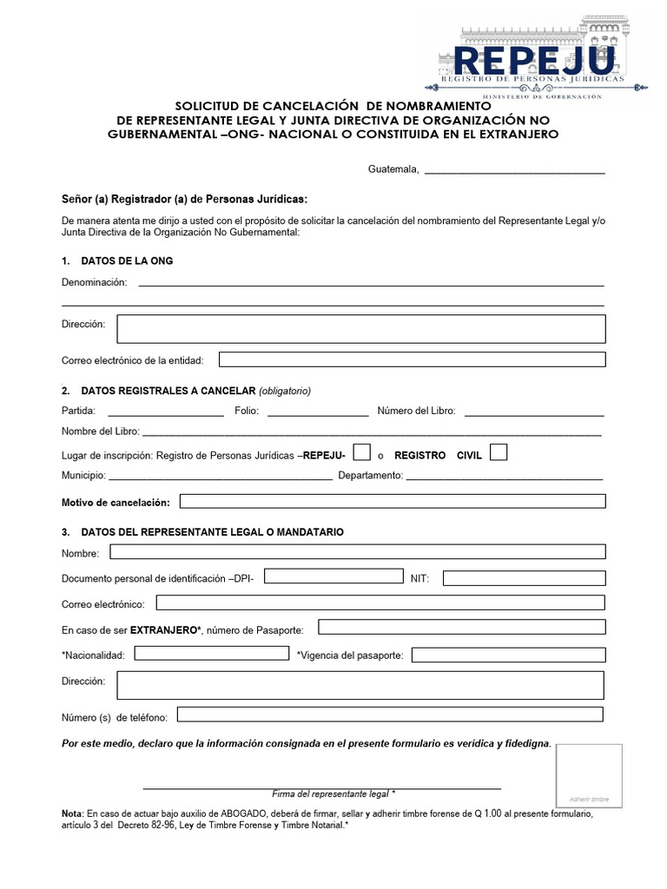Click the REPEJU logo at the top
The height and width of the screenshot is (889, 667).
[537, 62]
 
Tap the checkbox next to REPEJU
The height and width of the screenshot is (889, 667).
[363, 453]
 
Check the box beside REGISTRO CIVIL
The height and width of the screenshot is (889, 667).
[499, 452]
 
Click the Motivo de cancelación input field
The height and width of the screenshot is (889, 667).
[392, 501]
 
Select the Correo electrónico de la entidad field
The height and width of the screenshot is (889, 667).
[412, 359]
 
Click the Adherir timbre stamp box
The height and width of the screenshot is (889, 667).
[589, 775]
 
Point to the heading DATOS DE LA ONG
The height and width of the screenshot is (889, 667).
[126, 261]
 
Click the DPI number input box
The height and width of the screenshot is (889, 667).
[333, 576]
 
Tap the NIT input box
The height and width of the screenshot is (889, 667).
[524, 577]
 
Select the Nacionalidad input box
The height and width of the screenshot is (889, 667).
[211, 653]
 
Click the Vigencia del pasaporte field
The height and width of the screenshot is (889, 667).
[508, 655]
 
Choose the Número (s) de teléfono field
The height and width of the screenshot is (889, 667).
[390, 714]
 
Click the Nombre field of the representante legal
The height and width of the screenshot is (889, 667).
[357, 551]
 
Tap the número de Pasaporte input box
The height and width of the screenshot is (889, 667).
[461, 627]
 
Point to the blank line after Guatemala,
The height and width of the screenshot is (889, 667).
[514, 173]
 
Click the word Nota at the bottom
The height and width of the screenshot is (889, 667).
[72, 813]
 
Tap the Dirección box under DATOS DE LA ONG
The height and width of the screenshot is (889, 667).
[360, 329]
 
